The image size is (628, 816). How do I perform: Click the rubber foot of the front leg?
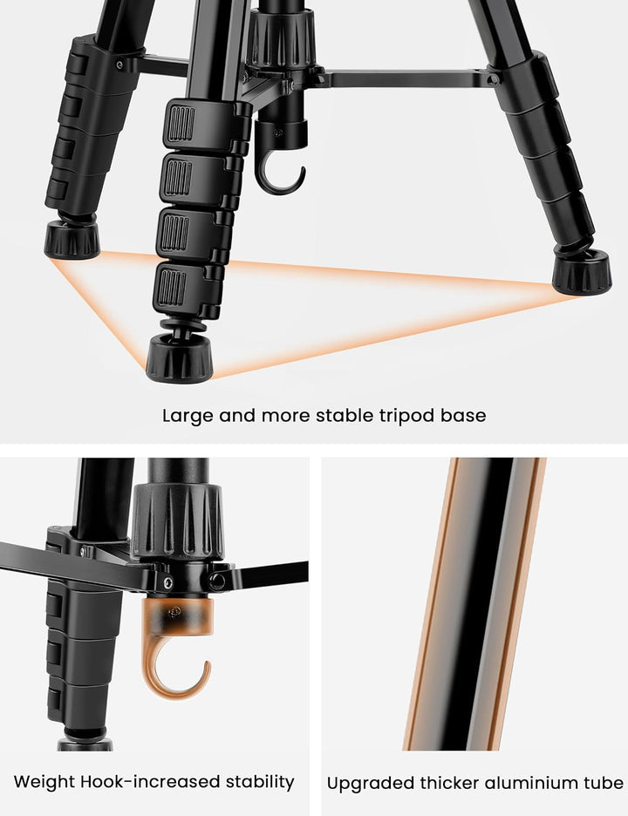point(179,358)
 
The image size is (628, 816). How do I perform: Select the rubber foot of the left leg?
point(72,240)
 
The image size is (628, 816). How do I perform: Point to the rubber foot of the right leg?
point(582,272)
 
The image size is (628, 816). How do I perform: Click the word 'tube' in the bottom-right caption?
point(605,783)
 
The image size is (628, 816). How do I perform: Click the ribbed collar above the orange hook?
point(178,520)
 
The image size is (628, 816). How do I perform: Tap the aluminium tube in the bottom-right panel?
point(474,603)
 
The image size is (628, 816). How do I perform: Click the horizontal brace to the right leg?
point(406,79)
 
